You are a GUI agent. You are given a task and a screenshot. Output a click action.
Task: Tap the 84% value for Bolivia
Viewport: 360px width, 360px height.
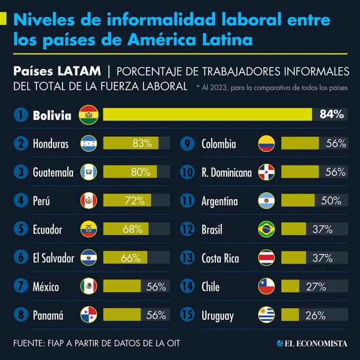click(x=331, y=114)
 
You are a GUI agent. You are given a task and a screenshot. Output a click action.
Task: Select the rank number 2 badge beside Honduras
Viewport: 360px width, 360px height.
click(x=22, y=143)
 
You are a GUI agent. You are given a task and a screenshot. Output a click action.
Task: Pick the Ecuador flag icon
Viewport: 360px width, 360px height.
click(x=88, y=229)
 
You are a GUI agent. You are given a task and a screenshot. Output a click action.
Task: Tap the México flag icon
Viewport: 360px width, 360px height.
click(x=88, y=286)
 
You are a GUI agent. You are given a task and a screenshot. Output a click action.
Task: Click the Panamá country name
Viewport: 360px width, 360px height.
click(x=48, y=316)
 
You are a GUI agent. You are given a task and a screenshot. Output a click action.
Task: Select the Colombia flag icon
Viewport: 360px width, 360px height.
click(x=266, y=143)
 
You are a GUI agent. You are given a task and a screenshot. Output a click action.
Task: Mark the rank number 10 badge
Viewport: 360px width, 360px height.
click(x=188, y=173)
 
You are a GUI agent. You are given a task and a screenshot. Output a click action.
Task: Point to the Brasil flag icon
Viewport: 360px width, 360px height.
click(x=266, y=229)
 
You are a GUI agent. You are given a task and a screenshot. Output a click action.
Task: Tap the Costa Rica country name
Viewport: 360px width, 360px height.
click(x=220, y=258)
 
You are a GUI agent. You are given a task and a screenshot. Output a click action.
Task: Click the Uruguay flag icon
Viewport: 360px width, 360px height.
click(x=266, y=316)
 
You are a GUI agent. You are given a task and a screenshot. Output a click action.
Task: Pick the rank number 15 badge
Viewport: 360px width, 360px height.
click(x=188, y=316)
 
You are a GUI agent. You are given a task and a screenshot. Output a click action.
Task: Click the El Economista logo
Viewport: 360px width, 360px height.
click(x=312, y=344)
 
